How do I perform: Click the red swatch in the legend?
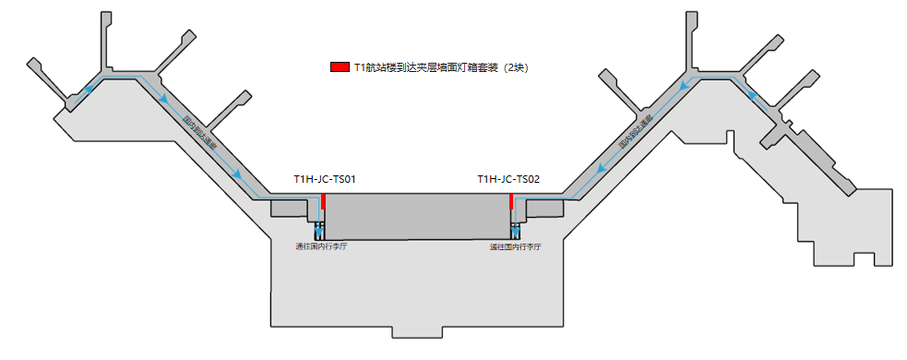339,67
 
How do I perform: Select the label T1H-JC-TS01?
325,179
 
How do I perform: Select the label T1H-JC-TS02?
508,179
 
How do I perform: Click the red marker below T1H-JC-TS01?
323,201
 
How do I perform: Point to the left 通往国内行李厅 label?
321,247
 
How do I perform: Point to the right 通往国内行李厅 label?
515,247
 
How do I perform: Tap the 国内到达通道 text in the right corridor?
635,132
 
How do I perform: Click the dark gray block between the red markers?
417,216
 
